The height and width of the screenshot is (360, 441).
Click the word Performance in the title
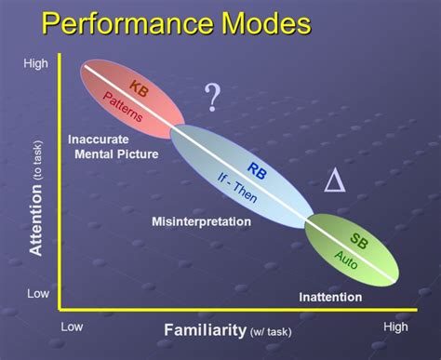pyautogui.click(x=147, y=26)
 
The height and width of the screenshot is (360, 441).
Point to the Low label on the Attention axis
pyautogui.click(x=37, y=293)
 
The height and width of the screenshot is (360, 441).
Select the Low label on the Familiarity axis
pyautogui.click(x=73, y=327)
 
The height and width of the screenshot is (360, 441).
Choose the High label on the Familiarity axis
pyautogui.click(x=396, y=327)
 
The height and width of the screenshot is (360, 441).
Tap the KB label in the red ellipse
pyautogui.click(x=136, y=87)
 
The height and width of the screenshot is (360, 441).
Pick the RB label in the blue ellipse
pyautogui.click(x=257, y=170)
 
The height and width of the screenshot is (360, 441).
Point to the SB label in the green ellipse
pyautogui.click(x=357, y=238)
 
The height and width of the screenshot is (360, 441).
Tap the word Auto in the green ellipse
pyautogui.click(x=345, y=259)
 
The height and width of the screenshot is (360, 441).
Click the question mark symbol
pyautogui.click(x=213, y=97)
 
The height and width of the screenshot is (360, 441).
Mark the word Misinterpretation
pyautogui.click(x=201, y=221)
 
